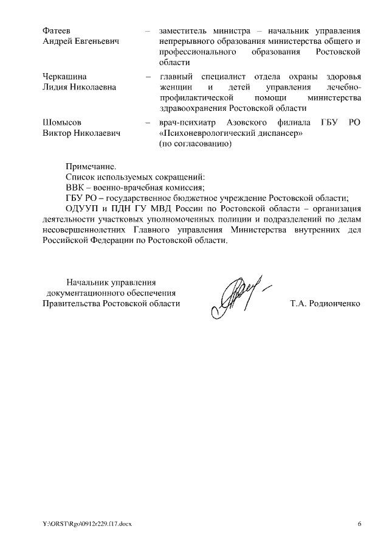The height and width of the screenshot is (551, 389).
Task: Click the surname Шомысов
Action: (x=62, y=122)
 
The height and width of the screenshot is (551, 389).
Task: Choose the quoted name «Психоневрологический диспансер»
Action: (x=230, y=133)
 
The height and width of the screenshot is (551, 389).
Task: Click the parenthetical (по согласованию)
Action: (x=195, y=144)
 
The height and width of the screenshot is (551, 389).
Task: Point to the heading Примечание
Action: (x=90, y=166)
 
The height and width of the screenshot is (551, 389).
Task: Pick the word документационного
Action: (x=85, y=292)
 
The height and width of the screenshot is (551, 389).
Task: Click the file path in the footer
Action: (x=86, y=524)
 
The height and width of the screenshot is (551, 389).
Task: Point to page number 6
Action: (x=359, y=524)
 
